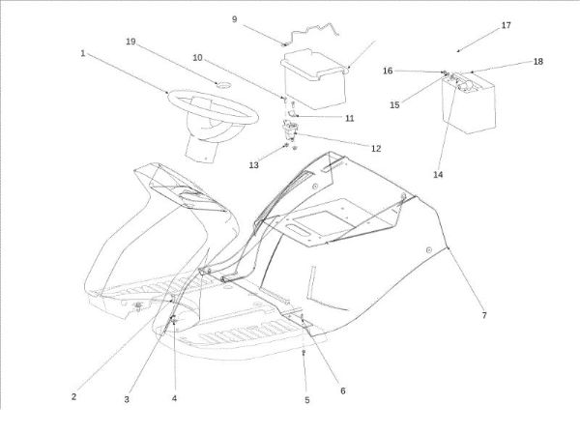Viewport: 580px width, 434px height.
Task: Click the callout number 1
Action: pos(83,53)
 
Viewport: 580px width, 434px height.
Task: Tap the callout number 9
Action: pos(234,18)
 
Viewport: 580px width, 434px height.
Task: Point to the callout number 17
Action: pos(507,25)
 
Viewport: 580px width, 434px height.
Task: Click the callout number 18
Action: pos(537,61)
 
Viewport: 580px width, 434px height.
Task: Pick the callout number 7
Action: pos(484,315)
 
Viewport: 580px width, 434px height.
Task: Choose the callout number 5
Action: pos(307,399)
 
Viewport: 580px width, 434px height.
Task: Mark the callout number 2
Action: pos(73,396)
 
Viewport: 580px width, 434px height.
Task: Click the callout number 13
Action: pos(254,165)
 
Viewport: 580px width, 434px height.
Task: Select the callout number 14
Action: pos(439,175)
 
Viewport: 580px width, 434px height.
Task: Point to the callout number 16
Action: pos(388,70)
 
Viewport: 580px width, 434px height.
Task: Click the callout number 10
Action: pos(197,58)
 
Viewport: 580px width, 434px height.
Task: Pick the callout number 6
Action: pos(342,391)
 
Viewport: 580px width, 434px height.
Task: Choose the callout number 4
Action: pos(175,398)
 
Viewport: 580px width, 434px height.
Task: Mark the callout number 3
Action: pos(126,398)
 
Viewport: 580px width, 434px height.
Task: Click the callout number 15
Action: pos(394,104)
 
